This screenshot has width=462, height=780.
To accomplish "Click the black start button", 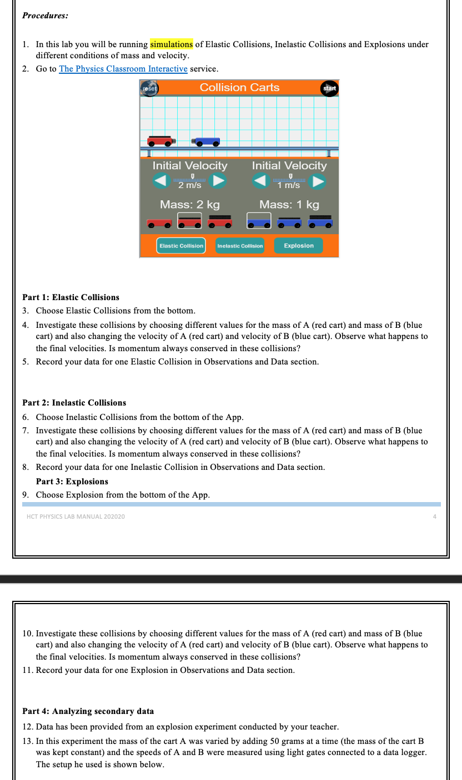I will click(x=329, y=88).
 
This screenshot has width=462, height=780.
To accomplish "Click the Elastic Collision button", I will click(x=181, y=246).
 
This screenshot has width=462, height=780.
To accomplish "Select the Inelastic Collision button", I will click(x=240, y=246).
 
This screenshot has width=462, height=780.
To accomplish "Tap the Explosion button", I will click(x=298, y=246).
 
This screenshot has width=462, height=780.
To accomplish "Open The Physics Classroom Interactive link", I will click(x=123, y=69).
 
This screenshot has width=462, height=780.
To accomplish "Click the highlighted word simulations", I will click(x=171, y=44).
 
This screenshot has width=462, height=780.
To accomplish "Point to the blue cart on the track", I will click(x=206, y=141).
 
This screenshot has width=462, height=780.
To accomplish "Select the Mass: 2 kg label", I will click(x=189, y=205).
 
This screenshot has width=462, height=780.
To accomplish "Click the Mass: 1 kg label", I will click(x=289, y=205).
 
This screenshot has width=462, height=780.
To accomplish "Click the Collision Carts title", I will click(x=239, y=88).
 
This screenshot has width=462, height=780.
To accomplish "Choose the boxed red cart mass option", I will click(x=189, y=221).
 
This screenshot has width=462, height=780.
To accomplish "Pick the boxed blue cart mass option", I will click(x=259, y=221).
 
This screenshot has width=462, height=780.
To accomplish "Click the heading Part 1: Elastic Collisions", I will click(x=71, y=297).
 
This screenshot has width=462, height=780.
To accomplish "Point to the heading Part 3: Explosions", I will click(x=72, y=482).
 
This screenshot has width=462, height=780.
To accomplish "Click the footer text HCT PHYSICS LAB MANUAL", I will click(x=76, y=516).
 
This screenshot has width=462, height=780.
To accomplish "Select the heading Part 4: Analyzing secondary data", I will click(x=88, y=711).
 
